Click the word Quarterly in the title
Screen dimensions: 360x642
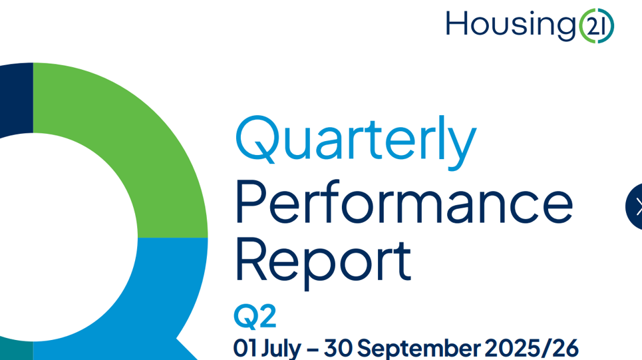point(355,141)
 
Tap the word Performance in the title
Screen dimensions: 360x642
point(403,202)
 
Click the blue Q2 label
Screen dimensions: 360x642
point(254,316)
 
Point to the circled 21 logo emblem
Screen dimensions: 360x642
point(596,26)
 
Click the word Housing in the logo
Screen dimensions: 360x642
point(510,25)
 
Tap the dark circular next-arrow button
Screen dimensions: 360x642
point(635,207)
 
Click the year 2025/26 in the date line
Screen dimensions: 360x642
point(531,348)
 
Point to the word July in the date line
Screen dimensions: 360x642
point(281,348)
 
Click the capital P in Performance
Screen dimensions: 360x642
point(249,202)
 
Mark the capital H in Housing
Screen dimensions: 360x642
point(457,25)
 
